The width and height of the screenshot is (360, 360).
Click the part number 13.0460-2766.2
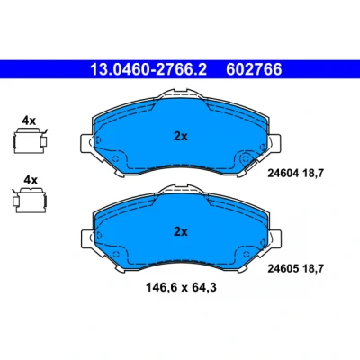pos(148,69)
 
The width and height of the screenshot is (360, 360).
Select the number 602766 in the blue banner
pos(254,69)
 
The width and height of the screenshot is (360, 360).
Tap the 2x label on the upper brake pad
pos(181,137)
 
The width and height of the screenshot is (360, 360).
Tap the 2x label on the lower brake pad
pos(181,232)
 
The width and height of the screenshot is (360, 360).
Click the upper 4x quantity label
pos(29,121)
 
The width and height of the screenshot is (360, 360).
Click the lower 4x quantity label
pos(31,180)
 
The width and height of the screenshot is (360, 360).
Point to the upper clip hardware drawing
pos(31,140)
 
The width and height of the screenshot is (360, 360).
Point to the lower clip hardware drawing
pos(30,200)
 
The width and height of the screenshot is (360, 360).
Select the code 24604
pos(283,173)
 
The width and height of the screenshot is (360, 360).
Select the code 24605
pos(283,268)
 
